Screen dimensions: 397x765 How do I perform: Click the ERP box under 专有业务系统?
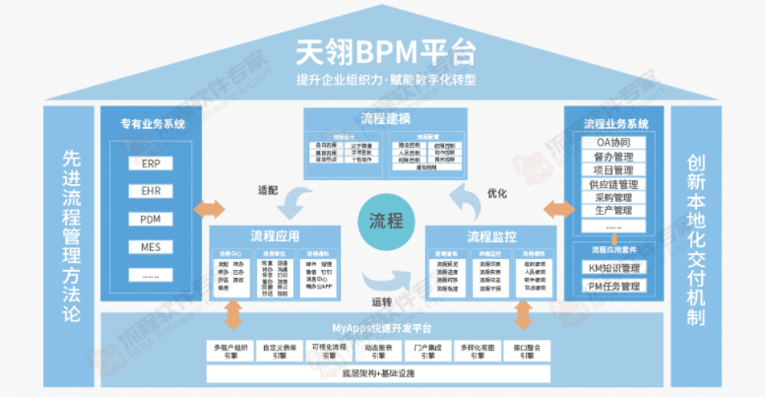tap(151, 164)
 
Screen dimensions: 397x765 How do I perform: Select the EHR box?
tap(151, 191)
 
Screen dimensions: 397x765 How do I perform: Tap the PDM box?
tap(151, 219)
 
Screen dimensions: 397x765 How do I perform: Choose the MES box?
tap(151, 246)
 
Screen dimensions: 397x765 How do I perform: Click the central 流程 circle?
tap(385, 220)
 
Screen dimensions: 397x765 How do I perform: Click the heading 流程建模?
tap(385, 120)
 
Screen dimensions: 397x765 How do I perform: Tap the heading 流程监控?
tap(492, 236)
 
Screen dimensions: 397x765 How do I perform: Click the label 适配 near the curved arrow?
tap(267, 187)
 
